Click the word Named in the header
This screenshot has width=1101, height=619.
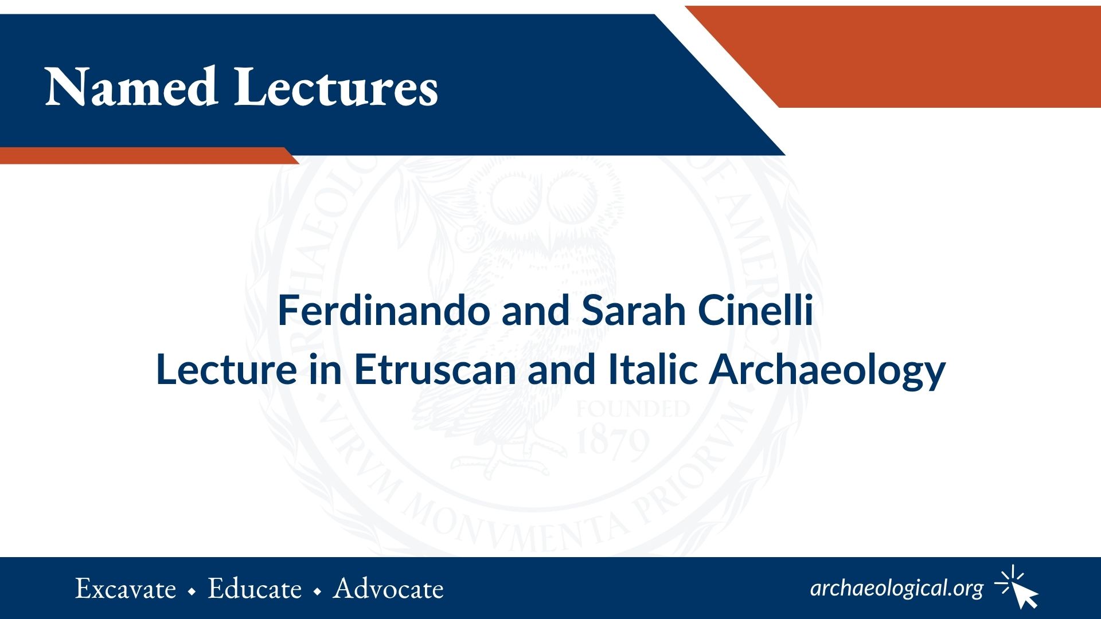point(131,87)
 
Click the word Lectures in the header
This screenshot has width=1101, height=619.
point(336,87)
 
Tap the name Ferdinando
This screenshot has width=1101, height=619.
point(384,311)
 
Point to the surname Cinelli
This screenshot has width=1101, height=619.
point(755,311)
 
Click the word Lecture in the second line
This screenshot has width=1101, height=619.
point(227,370)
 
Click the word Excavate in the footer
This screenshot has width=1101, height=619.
point(126,589)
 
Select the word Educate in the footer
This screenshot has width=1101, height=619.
point(255,589)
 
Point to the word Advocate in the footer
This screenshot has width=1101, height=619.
point(389,589)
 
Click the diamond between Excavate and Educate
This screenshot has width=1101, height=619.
point(192,591)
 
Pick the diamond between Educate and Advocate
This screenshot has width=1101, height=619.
point(318,591)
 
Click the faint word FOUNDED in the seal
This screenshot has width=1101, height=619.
point(633,409)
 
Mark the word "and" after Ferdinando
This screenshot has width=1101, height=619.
point(535,311)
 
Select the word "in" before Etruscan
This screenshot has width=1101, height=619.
point(326,370)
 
